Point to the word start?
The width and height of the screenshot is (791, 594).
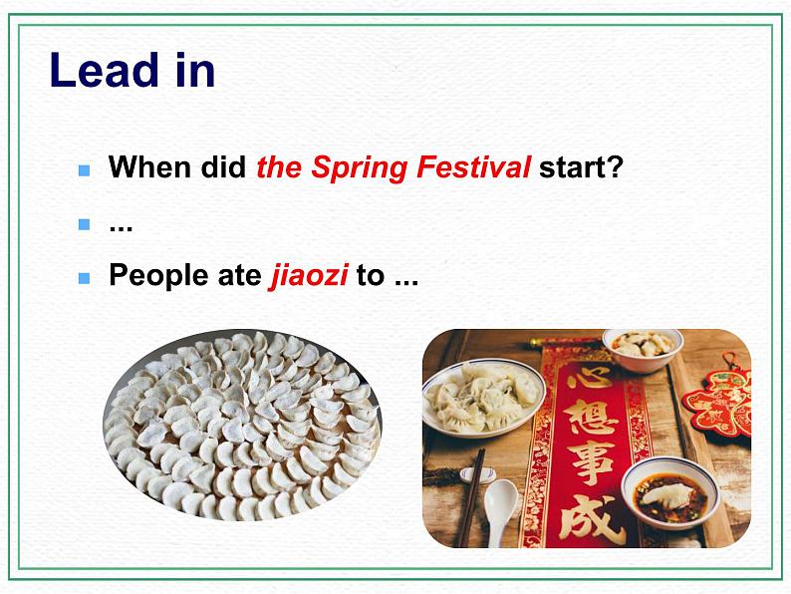coord(581,166)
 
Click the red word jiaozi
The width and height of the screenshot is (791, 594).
coord(309,275)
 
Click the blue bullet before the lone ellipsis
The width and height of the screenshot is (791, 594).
coord(84,224)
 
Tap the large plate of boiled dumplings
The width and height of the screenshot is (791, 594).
coord(483,396)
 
